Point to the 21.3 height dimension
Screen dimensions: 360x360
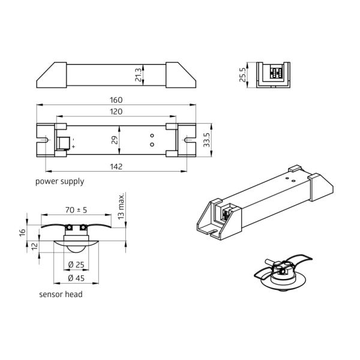click(139, 75)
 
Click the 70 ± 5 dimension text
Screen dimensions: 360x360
click(76, 211)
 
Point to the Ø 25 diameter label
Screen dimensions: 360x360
click(75, 265)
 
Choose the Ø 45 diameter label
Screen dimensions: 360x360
click(75, 278)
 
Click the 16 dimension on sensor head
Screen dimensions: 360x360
click(22, 232)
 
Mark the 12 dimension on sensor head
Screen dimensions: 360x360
click(35, 246)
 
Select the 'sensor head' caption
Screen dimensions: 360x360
click(61, 294)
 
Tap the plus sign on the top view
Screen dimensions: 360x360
click(74, 146)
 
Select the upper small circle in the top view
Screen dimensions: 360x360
click(152, 136)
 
